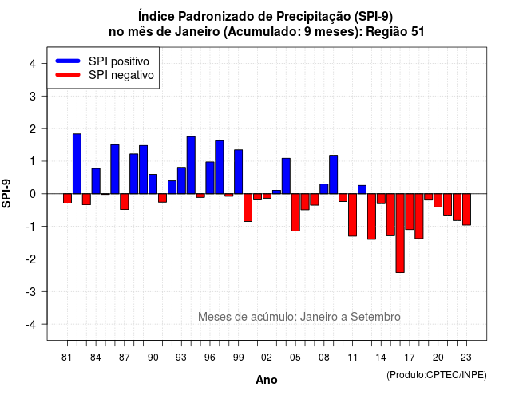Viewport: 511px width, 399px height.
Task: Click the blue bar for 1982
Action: [77, 164]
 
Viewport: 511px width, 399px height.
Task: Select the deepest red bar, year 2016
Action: [400, 233]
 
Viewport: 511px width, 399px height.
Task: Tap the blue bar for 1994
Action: [191, 165]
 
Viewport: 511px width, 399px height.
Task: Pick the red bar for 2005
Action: [295, 212]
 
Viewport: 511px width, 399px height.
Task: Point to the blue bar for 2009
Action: [334, 175]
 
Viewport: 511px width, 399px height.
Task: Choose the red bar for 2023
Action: [466, 209]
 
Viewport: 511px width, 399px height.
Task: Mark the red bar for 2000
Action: [248, 207]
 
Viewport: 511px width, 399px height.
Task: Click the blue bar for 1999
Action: [239, 172]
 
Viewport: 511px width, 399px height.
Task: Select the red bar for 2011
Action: [353, 215]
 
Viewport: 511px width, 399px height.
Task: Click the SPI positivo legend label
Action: [119, 61]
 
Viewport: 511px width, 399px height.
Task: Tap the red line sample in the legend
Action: [68, 75]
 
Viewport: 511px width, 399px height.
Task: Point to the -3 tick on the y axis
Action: [33, 291]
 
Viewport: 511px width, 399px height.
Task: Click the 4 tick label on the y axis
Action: [33, 64]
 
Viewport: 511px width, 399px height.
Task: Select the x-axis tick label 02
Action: [267, 358]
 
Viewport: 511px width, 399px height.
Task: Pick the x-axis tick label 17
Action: [410, 358]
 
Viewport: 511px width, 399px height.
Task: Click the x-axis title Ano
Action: [267, 380]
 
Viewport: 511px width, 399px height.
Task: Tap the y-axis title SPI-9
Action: [6, 193]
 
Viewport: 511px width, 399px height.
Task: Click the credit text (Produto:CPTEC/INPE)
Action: [437, 375]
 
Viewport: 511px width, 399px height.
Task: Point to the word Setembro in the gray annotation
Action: [375, 317]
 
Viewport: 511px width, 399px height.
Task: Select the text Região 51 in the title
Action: [395, 32]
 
